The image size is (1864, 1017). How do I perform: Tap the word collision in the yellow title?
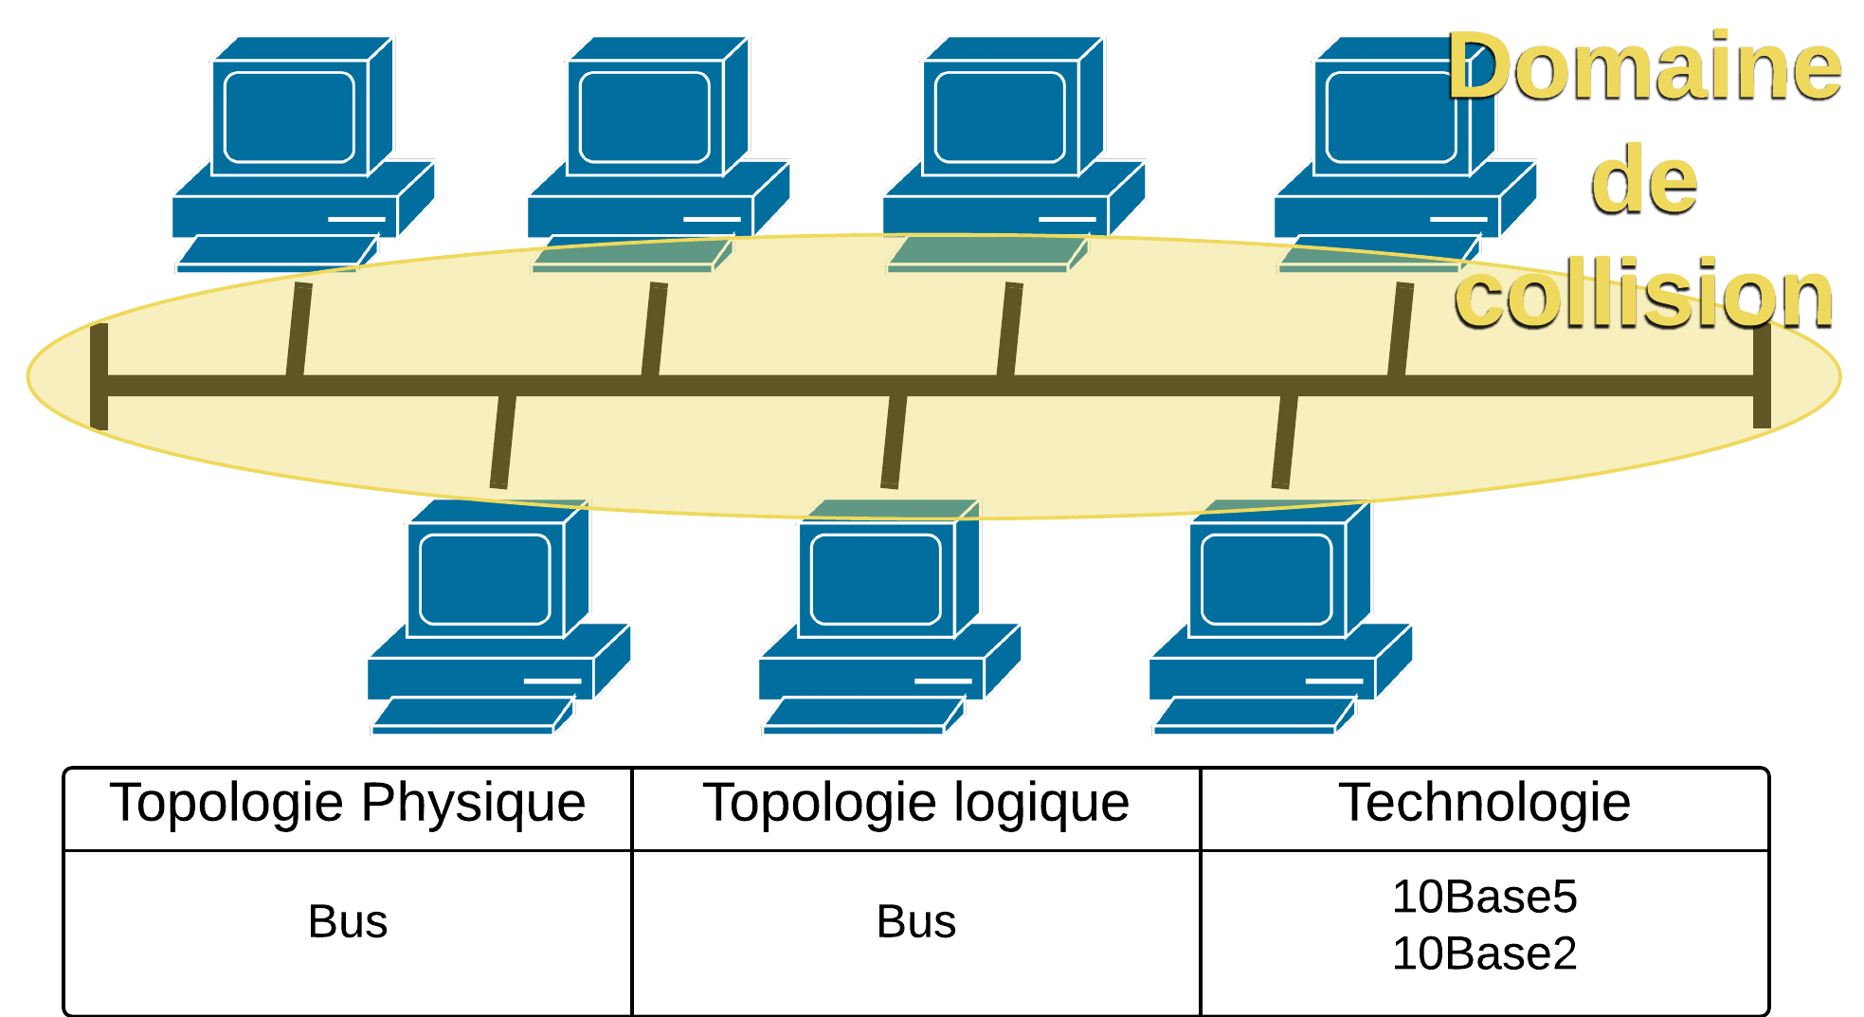pos(1644,294)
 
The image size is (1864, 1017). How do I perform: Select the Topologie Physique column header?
pos(348,804)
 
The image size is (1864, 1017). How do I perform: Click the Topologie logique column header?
pos(915,804)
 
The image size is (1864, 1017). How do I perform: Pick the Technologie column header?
pos(1484,804)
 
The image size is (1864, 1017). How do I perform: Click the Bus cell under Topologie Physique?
pos(348,921)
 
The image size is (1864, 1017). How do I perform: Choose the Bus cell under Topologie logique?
pos(916,921)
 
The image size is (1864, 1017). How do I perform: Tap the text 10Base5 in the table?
pos(1485,897)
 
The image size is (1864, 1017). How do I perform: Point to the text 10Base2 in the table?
pos(1485,953)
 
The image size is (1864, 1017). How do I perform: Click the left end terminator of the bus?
pos(99,376)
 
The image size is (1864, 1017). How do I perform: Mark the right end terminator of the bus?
pos(1762,376)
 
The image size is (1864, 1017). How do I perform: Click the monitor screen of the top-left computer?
pos(289,118)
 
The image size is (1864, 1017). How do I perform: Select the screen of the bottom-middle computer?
pos(876,579)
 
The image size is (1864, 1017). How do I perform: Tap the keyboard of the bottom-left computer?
pos(471,715)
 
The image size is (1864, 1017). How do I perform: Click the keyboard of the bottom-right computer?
pos(1253,715)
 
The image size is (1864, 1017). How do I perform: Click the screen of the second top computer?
pos(644,118)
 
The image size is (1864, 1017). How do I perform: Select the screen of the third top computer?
pos(1000,118)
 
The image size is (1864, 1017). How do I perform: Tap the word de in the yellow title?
pos(1644,180)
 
